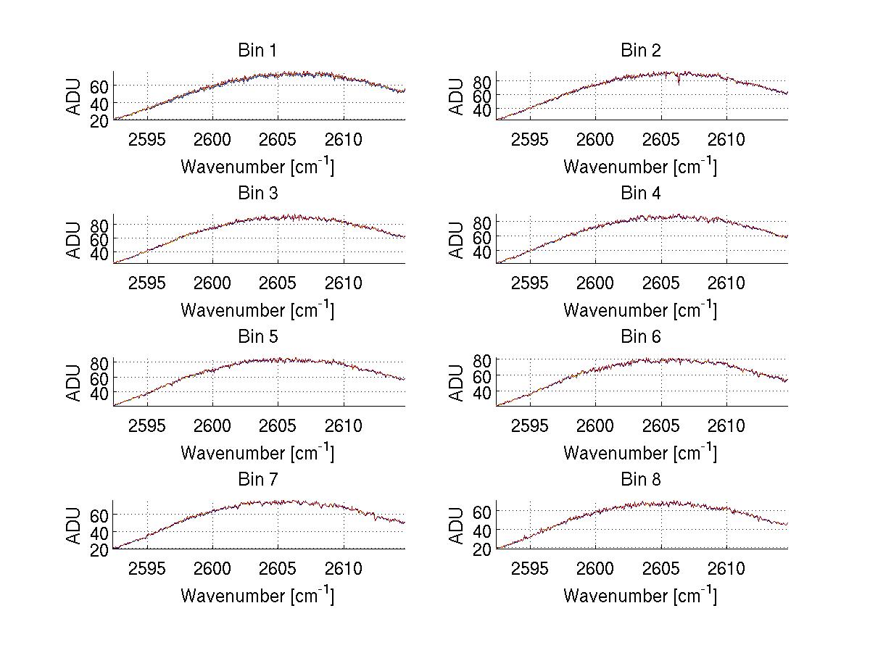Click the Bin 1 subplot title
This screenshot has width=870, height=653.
point(257,51)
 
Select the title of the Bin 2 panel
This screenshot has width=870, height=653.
point(640,51)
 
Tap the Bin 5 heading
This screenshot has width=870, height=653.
point(257,337)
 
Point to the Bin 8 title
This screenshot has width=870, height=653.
point(640,480)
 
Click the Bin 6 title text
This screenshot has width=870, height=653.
point(640,337)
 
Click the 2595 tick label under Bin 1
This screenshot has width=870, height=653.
point(147,139)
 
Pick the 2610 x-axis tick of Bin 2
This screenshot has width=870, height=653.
point(726,139)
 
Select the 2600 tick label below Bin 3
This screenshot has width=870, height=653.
point(212,283)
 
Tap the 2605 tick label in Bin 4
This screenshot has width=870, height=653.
point(660,283)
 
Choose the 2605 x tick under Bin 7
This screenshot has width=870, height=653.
point(278,568)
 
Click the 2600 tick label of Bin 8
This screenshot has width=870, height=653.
point(595,568)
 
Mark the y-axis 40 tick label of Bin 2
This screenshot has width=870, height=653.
point(482,110)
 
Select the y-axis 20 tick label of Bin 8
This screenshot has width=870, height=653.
point(482,549)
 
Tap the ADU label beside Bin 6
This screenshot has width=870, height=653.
point(457,383)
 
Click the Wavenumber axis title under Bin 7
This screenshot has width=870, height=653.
point(257,596)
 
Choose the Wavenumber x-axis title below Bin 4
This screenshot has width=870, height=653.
point(640,309)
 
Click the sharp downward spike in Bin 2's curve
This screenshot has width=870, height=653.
point(679,83)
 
